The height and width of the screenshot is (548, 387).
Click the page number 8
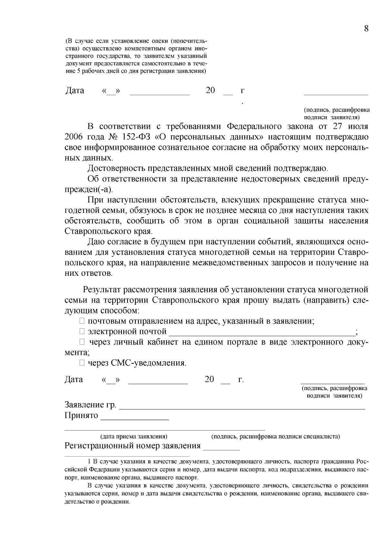(x=366, y=29)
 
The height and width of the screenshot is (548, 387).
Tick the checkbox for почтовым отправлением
(x=82, y=321)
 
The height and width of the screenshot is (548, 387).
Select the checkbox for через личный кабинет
(x=82, y=342)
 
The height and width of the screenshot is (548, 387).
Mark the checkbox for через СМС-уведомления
(x=82, y=363)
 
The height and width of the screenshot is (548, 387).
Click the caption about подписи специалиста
(x=275, y=437)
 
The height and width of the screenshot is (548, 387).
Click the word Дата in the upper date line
(x=75, y=91)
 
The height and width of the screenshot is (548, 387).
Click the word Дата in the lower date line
(x=74, y=379)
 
